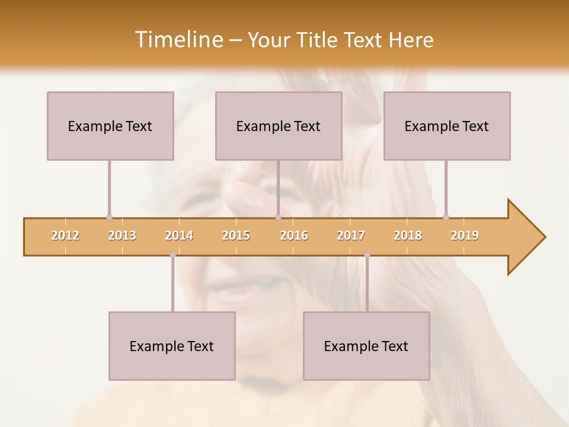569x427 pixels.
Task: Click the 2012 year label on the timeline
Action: (65, 235)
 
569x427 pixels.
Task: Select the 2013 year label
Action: (122, 235)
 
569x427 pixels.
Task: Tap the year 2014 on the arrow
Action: (179, 235)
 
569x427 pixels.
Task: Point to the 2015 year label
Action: (236, 235)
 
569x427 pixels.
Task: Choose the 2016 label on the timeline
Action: (294, 235)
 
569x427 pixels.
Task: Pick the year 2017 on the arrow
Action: (351, 235)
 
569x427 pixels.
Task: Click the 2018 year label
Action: (408, 235)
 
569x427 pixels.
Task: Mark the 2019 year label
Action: (465, 235)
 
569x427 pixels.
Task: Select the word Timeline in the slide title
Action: (177, 40)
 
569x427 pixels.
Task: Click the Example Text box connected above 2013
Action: (110, 126)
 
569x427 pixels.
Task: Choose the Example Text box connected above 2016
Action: (279, 126)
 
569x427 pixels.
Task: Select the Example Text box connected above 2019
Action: (447, 126)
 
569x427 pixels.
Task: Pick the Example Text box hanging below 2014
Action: (172, 346)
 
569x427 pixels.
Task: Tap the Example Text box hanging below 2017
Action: (366, 346)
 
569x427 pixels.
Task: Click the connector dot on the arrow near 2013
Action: (109, 217)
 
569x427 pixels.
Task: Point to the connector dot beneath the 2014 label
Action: (172, 255)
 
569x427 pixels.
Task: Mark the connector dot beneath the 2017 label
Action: (367, 255)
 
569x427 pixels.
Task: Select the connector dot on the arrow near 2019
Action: (446, 217)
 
